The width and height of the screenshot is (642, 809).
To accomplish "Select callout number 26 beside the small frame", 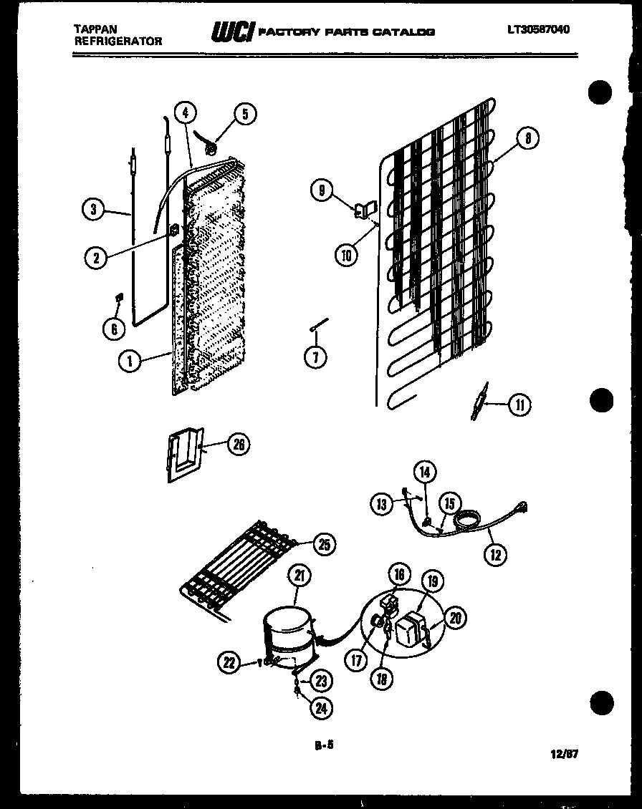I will [x=238, y=445].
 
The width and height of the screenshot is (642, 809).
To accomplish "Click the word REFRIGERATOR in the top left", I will [x=118, y=42].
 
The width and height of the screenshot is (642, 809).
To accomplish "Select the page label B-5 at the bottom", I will [x=325, y=745].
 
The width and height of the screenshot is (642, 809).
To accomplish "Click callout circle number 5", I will [x=244, y=113].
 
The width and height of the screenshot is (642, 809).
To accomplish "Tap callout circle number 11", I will [x=519, y=405].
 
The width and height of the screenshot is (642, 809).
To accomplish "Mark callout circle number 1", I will [x=130, y=361].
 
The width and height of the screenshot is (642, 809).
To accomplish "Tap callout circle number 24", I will [x=320, y=709].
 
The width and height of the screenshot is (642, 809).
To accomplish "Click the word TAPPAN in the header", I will [x=95, y=29].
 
